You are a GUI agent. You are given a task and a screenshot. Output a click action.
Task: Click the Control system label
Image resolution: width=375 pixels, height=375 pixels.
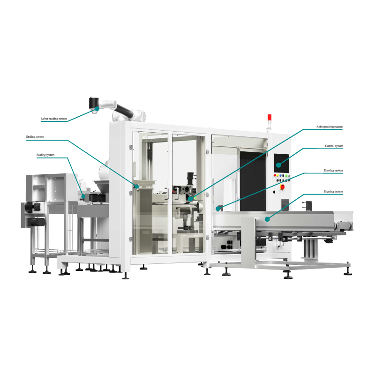coord(334,146)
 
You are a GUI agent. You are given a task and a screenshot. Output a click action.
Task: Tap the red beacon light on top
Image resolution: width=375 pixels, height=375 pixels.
coord(270,118)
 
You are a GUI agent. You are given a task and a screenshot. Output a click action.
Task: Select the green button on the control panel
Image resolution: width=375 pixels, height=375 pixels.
coord(286,176)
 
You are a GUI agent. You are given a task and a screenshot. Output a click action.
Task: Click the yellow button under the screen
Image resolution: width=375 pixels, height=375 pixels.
coord(277,176)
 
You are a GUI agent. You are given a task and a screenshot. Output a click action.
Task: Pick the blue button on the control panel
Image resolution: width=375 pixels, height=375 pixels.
coord(280,176)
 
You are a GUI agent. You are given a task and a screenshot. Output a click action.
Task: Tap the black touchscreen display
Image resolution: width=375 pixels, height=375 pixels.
coord(282,163)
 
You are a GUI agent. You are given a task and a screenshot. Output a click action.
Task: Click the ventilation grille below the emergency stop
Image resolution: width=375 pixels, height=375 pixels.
coord(285,205)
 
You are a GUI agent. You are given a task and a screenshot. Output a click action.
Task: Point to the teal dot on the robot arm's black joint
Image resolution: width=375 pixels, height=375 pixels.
coord(97,109)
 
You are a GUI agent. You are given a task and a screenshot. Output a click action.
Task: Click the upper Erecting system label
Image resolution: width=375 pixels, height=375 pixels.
coord(333,171)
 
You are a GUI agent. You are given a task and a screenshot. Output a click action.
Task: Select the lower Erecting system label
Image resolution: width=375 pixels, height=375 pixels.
coord(333,192)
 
